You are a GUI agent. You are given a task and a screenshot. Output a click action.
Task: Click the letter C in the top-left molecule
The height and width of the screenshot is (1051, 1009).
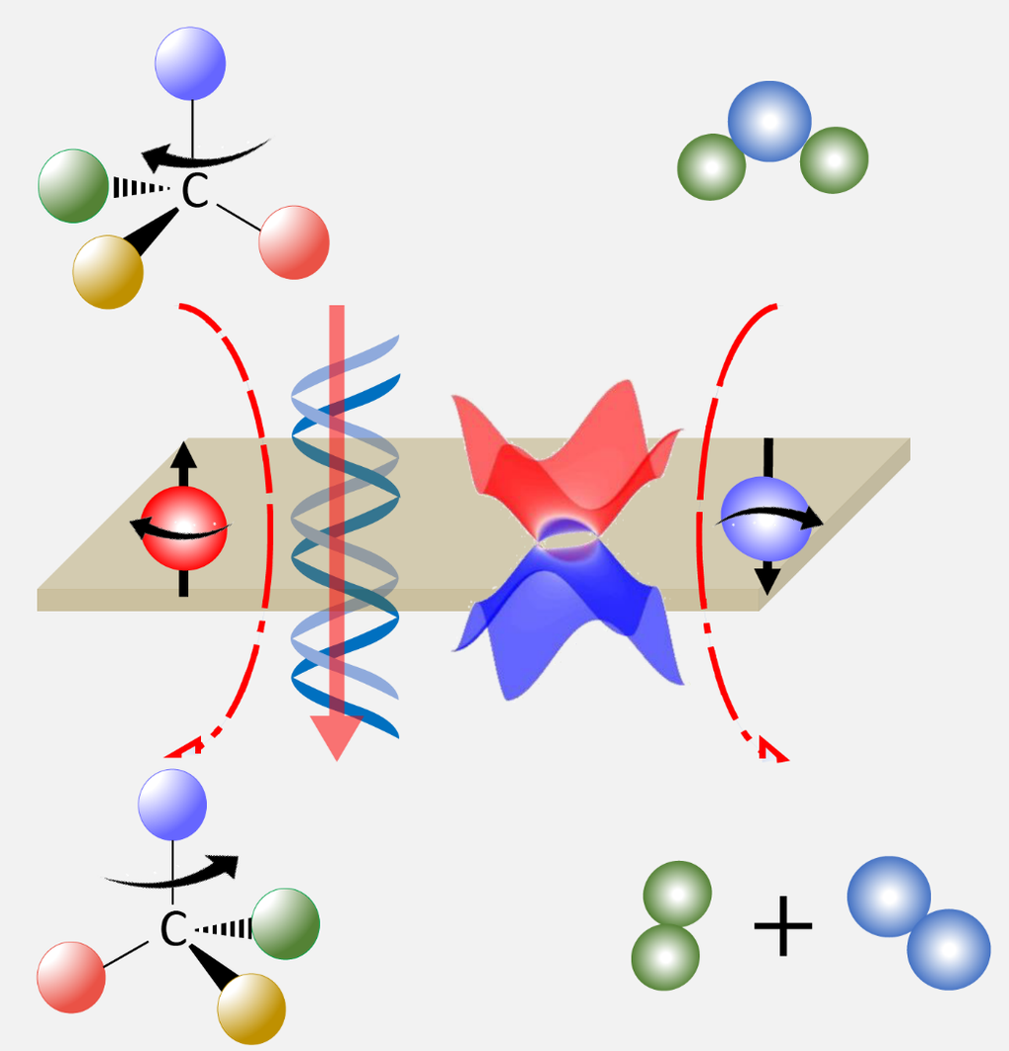coord(195,190)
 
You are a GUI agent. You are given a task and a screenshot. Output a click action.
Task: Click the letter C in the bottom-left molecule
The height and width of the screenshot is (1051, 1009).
coord(173,928)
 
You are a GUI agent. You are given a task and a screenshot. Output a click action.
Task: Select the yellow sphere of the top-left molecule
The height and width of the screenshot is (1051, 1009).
coord(108,271)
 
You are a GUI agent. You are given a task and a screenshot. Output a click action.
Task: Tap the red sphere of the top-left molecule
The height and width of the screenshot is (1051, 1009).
coord(294,242)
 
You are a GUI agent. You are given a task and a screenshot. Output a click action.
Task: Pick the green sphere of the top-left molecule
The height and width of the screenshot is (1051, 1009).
coord(73,186)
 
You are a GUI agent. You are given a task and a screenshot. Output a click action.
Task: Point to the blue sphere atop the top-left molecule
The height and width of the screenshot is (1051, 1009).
coord(190,63)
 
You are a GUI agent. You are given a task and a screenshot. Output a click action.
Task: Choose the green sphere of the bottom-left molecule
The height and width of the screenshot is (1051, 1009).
coord(285,923)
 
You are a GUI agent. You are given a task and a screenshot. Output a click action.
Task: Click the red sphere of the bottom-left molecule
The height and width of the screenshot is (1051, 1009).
coord(71,977)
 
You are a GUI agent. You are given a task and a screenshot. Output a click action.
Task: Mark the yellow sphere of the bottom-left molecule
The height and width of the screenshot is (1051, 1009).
coord(252,1008)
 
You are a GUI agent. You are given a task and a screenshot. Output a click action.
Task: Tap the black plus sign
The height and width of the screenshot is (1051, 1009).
coord(783,926)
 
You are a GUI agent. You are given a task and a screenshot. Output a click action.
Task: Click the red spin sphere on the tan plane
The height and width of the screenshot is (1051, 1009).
coord(184,528)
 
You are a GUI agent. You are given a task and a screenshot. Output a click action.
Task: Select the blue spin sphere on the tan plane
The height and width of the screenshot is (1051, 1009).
coord(765,519)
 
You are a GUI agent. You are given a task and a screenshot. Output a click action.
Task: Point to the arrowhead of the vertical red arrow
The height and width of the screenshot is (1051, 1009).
coord(337,737)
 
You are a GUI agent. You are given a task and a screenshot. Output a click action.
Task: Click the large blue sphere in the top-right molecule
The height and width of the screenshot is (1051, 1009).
coord(769,122)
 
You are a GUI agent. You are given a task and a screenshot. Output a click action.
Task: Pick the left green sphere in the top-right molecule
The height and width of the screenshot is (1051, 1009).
coord(711,167)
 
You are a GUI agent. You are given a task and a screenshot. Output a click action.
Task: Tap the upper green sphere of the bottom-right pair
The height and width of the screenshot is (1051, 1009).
coord(677,895)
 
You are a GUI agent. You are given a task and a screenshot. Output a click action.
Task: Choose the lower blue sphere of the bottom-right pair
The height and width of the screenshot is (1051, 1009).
coord(949,949)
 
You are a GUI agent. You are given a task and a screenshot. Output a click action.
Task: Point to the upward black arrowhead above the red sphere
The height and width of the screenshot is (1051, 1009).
coord(184,454)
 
